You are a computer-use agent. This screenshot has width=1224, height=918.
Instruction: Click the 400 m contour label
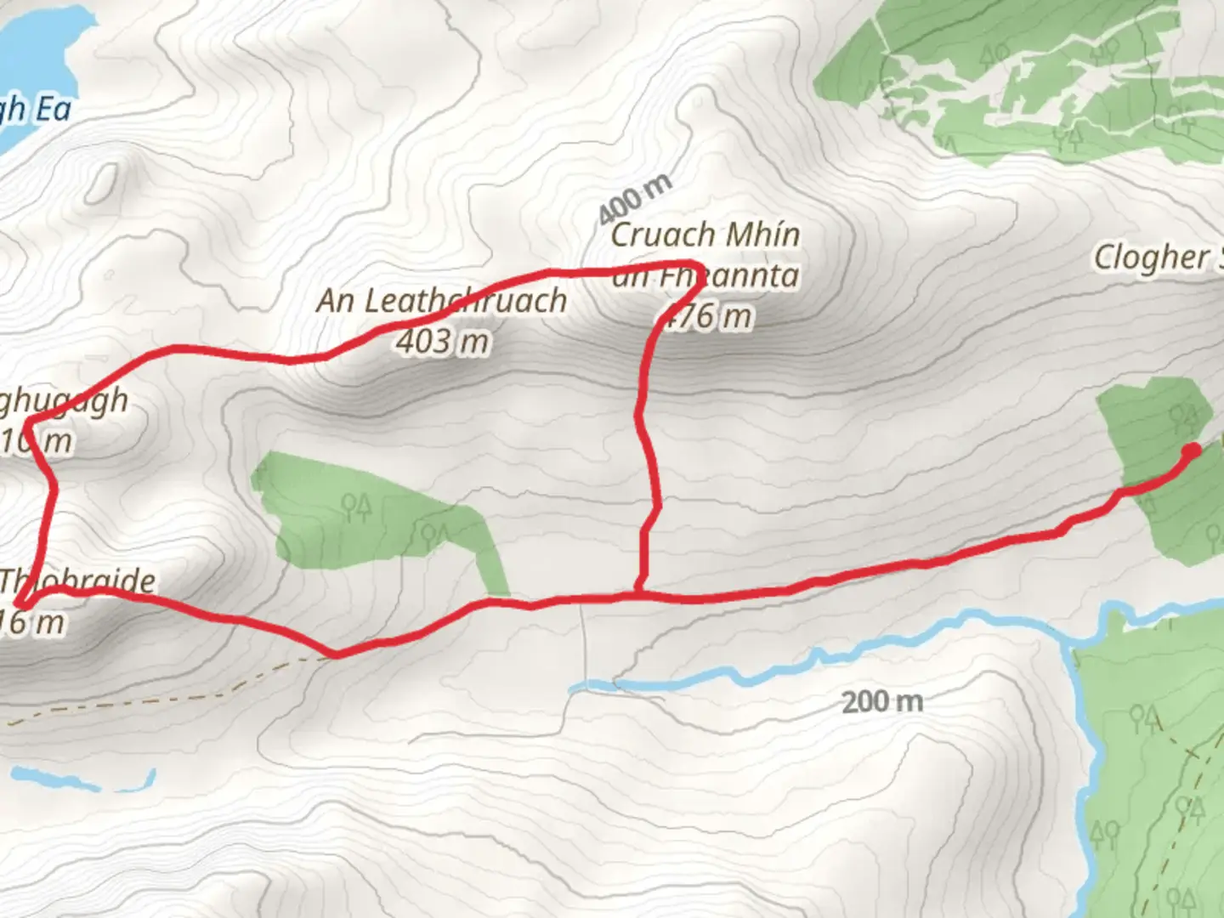[634, 198]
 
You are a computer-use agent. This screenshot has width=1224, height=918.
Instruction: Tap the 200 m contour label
[881, 702]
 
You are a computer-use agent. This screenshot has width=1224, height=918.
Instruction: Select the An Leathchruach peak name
[442, 301]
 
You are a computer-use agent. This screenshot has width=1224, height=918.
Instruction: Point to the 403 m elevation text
[442, 342]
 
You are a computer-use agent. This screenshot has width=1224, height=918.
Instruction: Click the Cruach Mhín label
[705, 235]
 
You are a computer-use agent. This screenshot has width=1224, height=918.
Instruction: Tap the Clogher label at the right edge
[1157, 257]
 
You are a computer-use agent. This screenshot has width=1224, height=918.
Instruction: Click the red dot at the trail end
[1192, 450]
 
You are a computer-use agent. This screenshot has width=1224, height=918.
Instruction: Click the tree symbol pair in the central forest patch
[355, 507]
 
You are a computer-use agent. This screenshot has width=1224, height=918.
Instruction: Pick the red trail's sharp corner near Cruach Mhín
[695, 263]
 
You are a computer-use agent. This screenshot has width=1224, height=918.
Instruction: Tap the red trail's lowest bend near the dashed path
[337, 654]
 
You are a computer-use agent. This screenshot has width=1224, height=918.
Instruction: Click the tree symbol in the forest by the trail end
[1182, 416]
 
